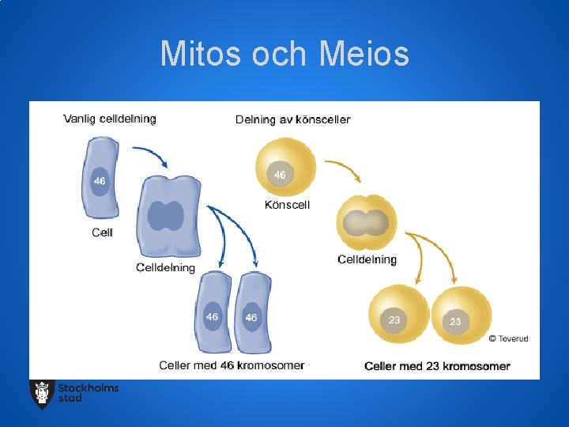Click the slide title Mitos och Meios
tap(284, 55)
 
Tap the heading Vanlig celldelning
tap(110, 119)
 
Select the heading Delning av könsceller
tap(292, 119)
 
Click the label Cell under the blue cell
tap(103, 232)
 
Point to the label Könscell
tap(287, 205)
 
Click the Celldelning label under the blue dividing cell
tap(165, 267)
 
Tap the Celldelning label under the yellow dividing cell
tap(367, 259)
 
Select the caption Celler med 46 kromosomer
tap(232, 365)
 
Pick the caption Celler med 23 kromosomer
tap(437, 366)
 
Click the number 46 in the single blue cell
tap(100, 181)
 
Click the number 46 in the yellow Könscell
tap(280, 174)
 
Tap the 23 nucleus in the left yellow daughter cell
tap(394, 320)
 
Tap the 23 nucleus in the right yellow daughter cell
tap(455, 322)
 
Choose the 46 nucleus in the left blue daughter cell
tap(212, 317)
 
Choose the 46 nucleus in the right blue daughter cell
tap(251, 317)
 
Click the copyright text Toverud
tap(508, 338)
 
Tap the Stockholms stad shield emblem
tap(42, 393)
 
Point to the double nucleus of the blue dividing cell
tap(165, 216)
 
